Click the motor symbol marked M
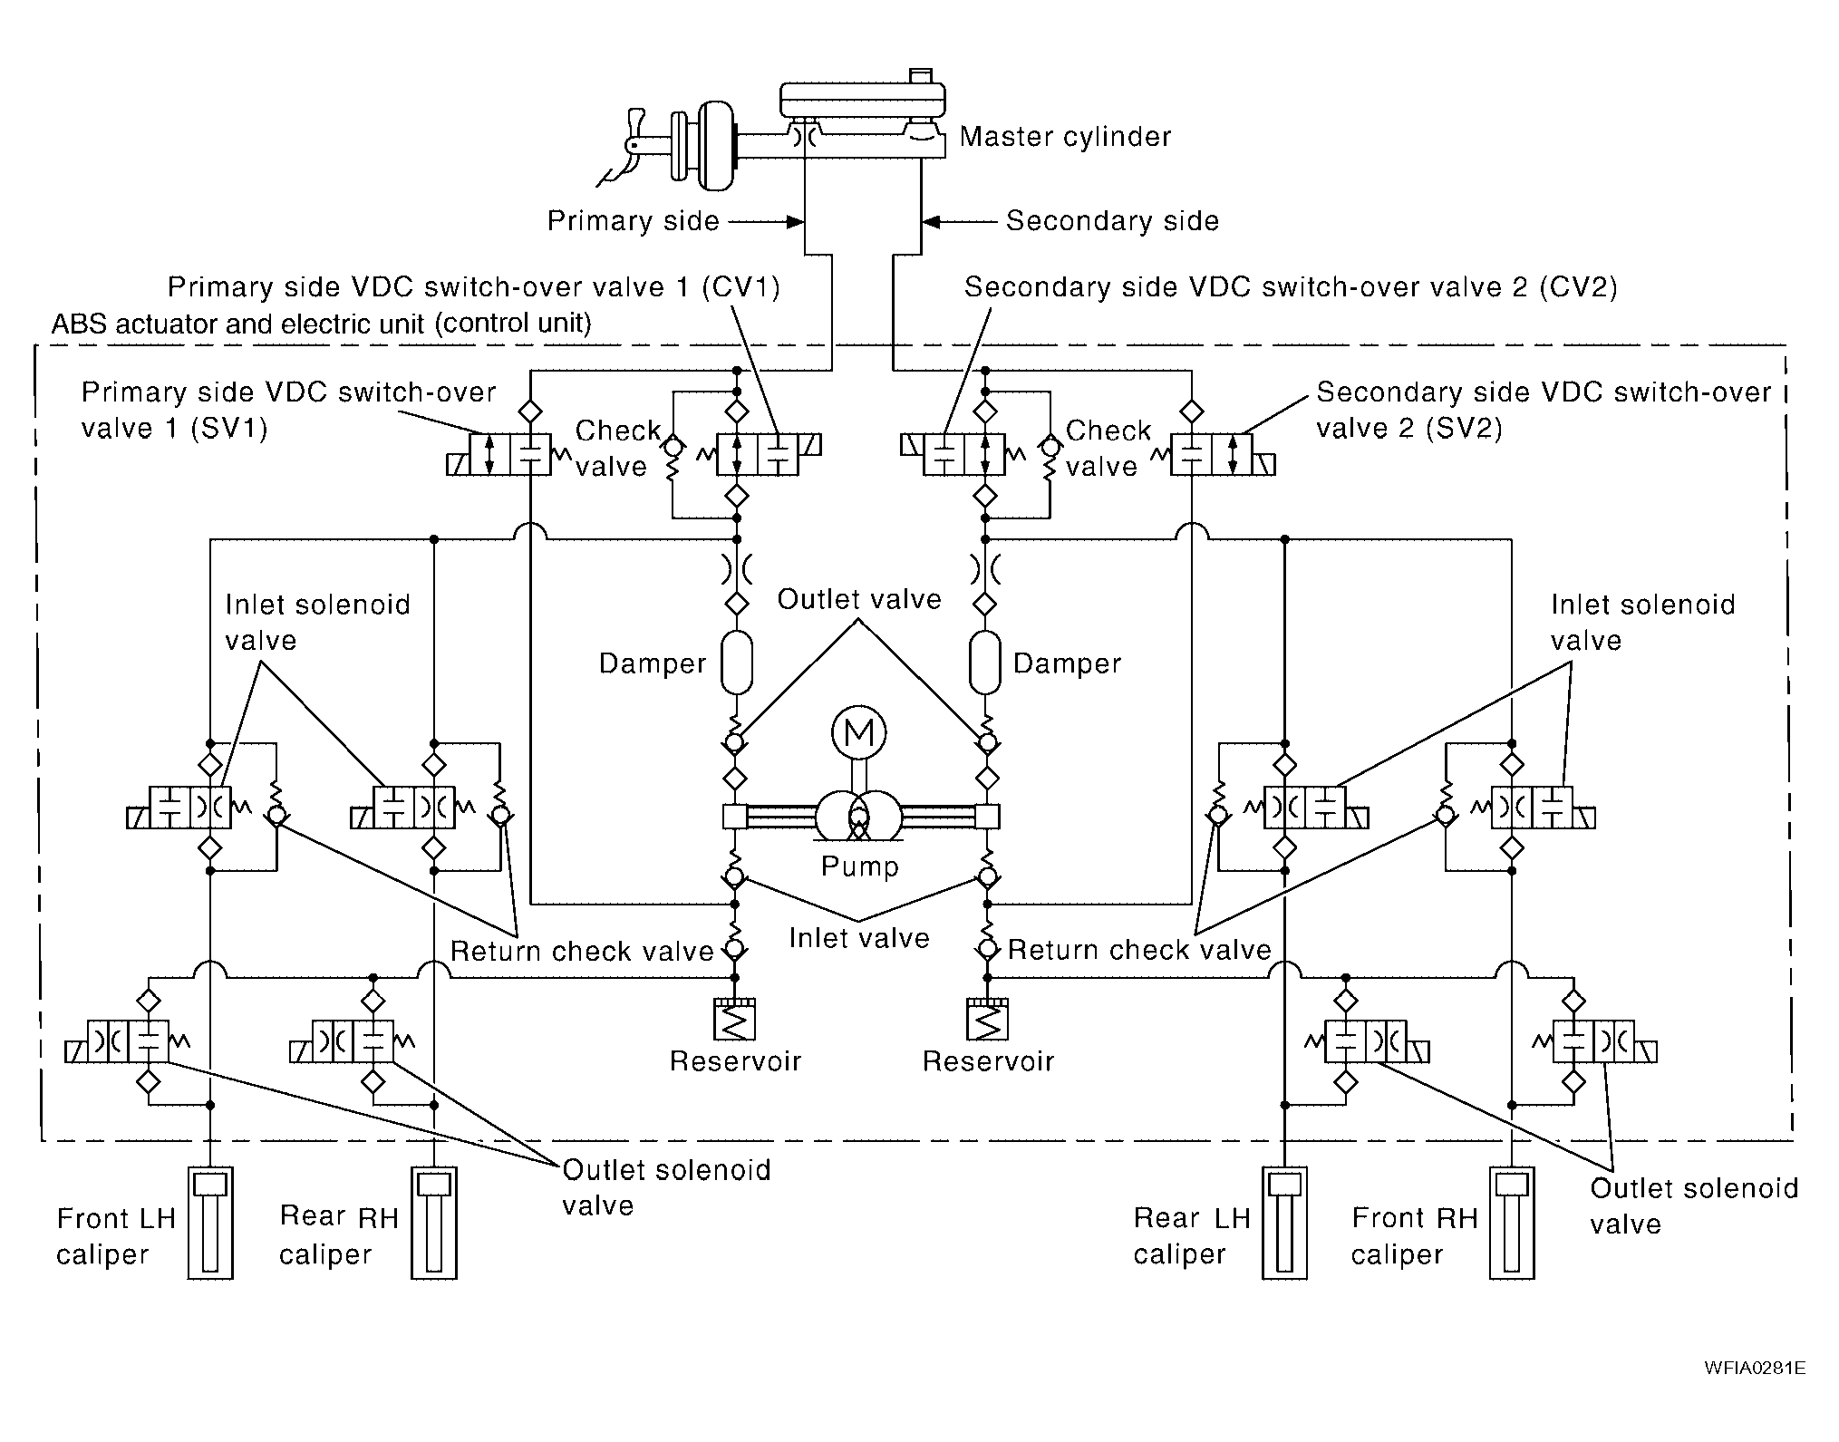(x=858, y=732)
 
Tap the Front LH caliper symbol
(x=210, y=1222)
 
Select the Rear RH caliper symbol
(x=434, y=1222)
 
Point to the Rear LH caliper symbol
(x=1284, y=1222)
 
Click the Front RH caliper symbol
(x=1512, y=1222)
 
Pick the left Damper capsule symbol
(x=737, y=663)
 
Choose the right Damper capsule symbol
(x=984, y=663)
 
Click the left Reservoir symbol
(x=735, y=1019)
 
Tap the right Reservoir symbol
(x=987, y=1019)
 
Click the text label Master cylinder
(x=1065, y=137)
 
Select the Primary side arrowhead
(x=795, y=221)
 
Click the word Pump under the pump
(x=859, y=866)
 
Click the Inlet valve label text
(x=859, y=938)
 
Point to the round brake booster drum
(x=718, y=145)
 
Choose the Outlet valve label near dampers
(x=859, y=599)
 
